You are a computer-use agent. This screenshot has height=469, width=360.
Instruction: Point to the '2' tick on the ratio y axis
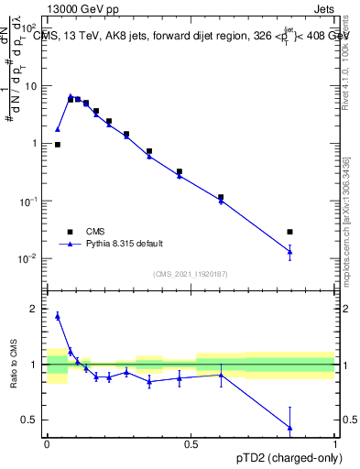coord(35,309)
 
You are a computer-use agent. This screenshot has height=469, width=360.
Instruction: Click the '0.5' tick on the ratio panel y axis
coord(30,420)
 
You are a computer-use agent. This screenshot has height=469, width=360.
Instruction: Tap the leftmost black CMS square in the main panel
coord(58,145)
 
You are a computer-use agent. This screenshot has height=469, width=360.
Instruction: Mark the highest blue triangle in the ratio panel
coord(58,316)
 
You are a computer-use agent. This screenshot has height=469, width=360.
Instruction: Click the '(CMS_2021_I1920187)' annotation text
coord(190,273)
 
